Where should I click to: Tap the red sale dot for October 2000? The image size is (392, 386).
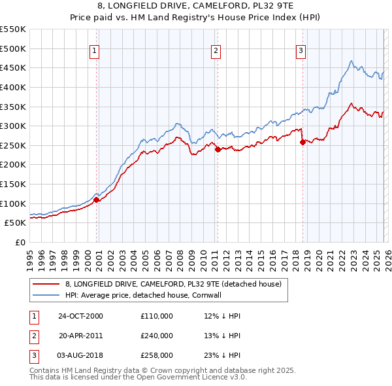point(97,200)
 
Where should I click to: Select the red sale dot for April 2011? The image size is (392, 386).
point(218,149)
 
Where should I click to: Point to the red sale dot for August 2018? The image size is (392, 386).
point(302,142)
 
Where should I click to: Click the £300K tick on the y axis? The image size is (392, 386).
point(12,126)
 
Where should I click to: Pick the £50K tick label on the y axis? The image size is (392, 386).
point(14,223)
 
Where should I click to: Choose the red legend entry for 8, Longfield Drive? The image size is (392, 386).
point(172,284)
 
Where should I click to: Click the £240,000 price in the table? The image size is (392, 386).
point(157,336)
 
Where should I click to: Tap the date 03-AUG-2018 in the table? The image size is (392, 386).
point(81,356)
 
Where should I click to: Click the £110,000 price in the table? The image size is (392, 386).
point(157,315)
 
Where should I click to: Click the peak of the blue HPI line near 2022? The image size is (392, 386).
point(351,61)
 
